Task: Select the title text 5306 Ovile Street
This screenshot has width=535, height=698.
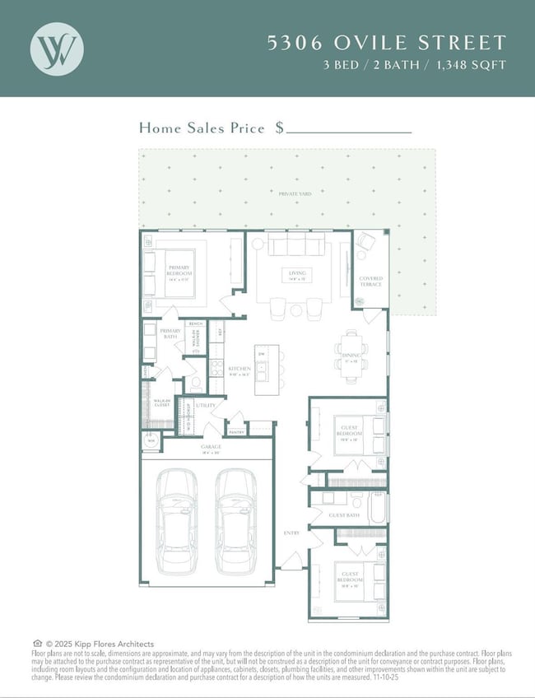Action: pyautogui.click(x=386, y=44)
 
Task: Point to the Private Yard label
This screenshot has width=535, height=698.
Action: pyautogui.click(x=289, y=193)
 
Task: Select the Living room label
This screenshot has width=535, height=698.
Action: pyautogui.click(x=296, y=274)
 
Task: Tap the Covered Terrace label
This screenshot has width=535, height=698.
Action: pyautogui.click(x=370, y=282)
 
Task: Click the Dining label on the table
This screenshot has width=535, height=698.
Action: pyautogui.click(x=352, y=359)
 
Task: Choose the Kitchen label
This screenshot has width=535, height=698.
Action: pyautogui.click(x=240, y=370)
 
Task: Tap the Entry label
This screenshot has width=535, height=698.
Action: pyautogui.click(x=292, y=533)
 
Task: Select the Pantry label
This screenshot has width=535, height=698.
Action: pyautogui.click(x=236, y=431)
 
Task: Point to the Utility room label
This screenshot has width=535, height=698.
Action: pyautogui.click(x=206, y=406)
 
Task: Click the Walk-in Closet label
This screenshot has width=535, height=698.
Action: pyautogui.click(x=162, y=403)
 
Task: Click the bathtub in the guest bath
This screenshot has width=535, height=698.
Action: pyautogui.click(x=378, y=507)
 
